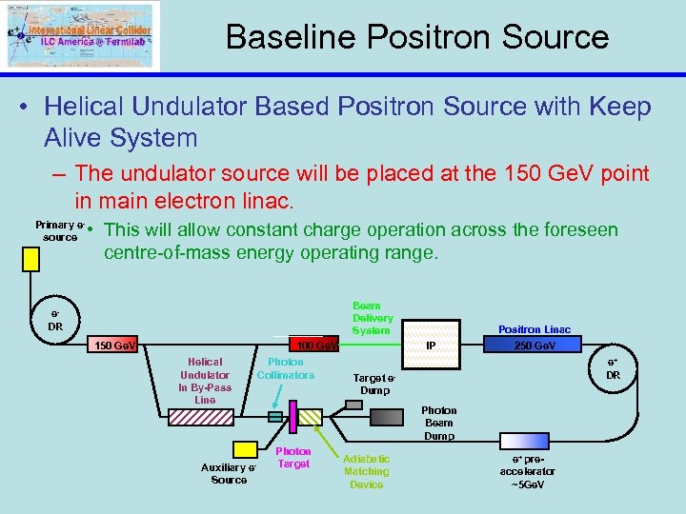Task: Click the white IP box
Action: tap(431, 345)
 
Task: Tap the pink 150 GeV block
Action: tap(112, 345)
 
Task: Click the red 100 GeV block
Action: tap(314, 345)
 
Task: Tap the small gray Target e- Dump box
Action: tap(353, 404)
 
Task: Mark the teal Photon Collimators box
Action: tap(275, 416)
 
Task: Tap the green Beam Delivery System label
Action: tap(371, 318)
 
